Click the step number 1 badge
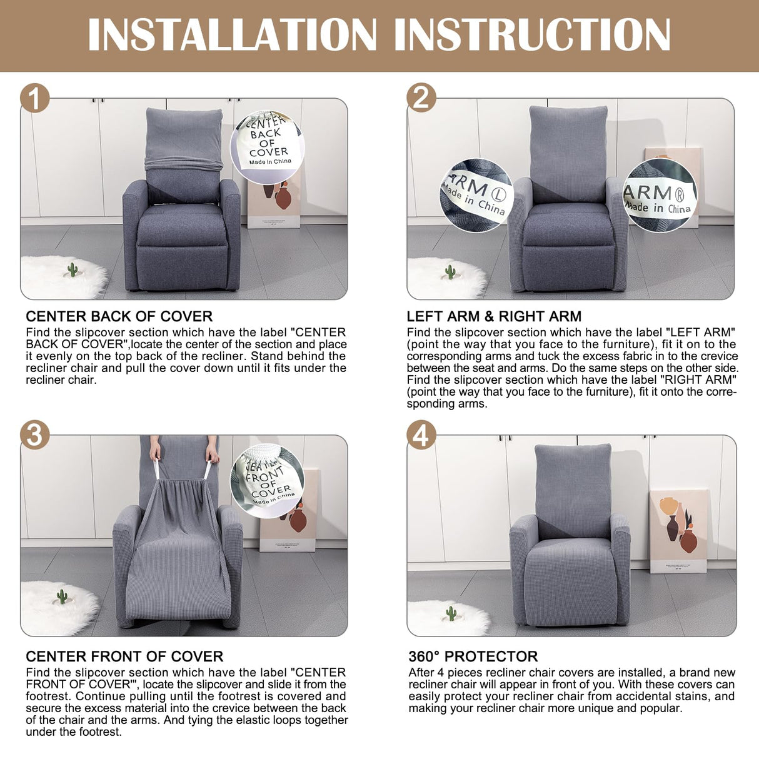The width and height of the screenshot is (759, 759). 35,98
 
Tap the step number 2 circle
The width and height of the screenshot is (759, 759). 421,98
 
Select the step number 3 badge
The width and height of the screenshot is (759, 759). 35,435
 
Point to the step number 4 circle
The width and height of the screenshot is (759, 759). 421,435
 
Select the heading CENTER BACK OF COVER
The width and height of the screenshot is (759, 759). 119,316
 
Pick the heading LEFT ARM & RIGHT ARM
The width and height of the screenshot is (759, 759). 494,316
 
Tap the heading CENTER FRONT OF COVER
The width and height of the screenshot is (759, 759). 124,656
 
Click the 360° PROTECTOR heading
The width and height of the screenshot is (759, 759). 473,656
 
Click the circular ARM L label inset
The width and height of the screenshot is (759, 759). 476,195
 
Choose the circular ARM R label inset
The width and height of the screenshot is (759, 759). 660,195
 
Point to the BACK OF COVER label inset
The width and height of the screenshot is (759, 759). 267,147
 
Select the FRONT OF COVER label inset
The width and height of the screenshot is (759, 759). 267,481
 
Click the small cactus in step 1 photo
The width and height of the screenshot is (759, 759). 73,270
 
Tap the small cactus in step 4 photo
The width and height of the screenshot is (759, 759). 451,613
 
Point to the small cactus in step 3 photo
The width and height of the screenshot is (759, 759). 62,596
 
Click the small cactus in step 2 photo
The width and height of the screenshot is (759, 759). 450,272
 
